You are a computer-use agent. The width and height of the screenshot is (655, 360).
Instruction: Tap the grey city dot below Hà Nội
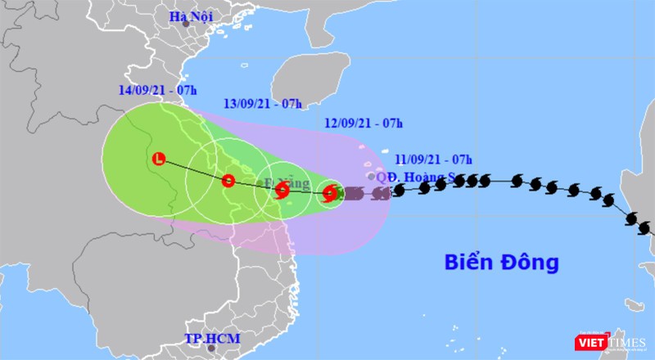[x=187, y=25]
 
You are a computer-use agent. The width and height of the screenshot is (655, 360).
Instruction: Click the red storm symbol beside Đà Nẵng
[x=282, y=191]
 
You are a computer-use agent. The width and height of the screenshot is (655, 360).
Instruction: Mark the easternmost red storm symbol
[x=329, y=194]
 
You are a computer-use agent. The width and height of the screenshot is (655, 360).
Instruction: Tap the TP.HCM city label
[x=209, y=338]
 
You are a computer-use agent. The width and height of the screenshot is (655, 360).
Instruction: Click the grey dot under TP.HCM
[x=209, y=349]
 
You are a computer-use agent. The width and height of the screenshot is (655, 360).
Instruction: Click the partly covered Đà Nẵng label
[x=279, y=179]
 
